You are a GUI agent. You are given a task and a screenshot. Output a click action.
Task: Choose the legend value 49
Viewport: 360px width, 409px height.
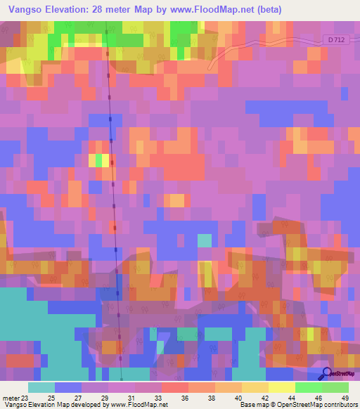[345, 398]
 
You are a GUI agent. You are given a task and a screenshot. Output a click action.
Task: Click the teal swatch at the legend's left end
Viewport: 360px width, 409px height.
[41, 387]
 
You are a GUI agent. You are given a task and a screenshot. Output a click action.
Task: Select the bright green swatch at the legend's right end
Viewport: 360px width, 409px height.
[335, 387]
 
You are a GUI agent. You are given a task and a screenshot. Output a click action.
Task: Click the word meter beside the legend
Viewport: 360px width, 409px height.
[11, 398]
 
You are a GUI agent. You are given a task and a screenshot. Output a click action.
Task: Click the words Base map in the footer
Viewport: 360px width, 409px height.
[252, 405]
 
